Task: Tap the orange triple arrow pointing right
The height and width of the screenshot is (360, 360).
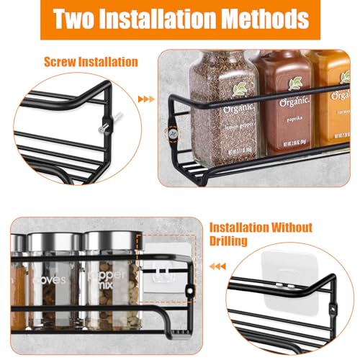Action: (145, 99)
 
